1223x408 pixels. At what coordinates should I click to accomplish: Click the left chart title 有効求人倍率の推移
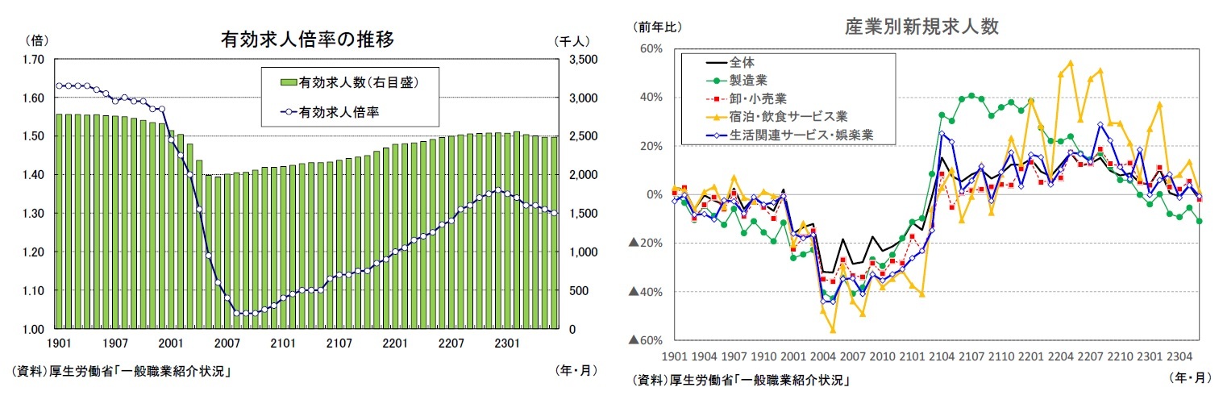307,40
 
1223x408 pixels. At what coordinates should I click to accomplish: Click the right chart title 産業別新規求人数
921,27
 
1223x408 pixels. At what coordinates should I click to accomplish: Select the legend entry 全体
742,61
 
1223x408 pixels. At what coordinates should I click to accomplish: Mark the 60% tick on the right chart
651,49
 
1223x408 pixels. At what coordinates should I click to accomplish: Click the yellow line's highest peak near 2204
1070,62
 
